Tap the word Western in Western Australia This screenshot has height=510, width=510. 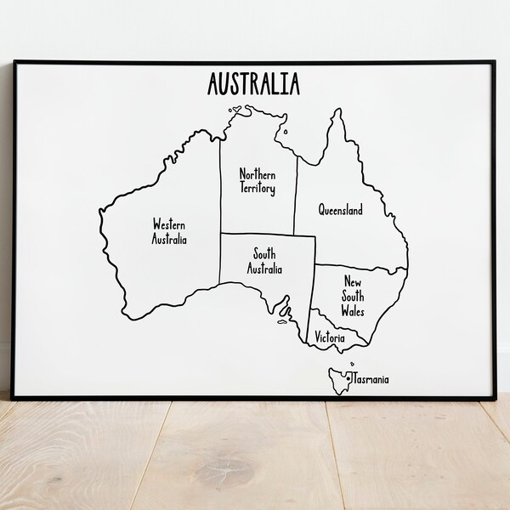tap(169, 224)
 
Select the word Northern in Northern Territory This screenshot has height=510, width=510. tap(258, 173)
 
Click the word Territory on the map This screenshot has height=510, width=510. tap(258, 190)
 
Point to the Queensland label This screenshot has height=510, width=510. tap(340, 209)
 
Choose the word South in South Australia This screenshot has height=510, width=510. tap(264, 253)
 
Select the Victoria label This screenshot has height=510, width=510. tap(330, 338)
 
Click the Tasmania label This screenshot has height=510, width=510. tap(370, 380)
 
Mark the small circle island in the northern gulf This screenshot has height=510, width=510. tap(286, 132)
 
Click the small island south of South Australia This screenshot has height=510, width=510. tap(282, 320)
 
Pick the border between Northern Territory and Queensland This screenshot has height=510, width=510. tap(296, 195)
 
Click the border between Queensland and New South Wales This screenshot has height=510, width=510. tap(361, 267)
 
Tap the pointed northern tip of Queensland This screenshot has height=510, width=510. tap(338, 111)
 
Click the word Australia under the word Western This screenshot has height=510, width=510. tap(170, 240)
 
